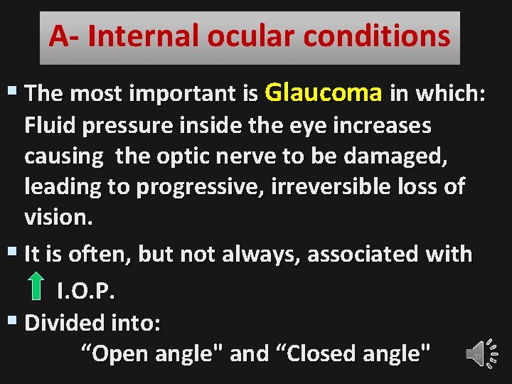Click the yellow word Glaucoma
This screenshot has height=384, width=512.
324,93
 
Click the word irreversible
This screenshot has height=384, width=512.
337,187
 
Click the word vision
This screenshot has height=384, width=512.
58,218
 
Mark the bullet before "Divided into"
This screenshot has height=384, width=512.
14,321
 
